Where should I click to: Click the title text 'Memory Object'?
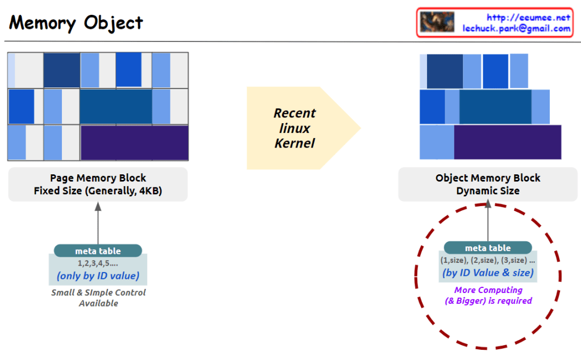click(76, 23)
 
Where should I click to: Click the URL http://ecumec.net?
click(529, 18)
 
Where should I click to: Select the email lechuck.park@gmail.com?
click(516, 28)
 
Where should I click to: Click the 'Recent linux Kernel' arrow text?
click(295, 128)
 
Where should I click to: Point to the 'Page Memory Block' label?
click(98, 178)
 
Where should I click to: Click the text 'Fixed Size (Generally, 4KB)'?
click(98, 191)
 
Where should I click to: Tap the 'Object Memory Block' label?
click(488, 178)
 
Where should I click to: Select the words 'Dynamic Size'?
click(488, 191)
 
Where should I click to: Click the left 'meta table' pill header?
click(98, 250)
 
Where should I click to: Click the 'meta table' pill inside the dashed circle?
click(488, 248)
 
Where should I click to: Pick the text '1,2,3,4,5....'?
click(98, 263)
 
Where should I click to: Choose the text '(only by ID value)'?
click(98, 277)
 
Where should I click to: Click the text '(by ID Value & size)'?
click(488, 273)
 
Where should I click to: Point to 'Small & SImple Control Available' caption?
click(98, 298)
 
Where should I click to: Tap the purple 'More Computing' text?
click(488, 290)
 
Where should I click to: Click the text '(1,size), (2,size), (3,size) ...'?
click(488, 261)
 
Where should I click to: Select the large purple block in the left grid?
click(135, 143)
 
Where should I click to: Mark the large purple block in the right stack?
click(507, 142)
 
